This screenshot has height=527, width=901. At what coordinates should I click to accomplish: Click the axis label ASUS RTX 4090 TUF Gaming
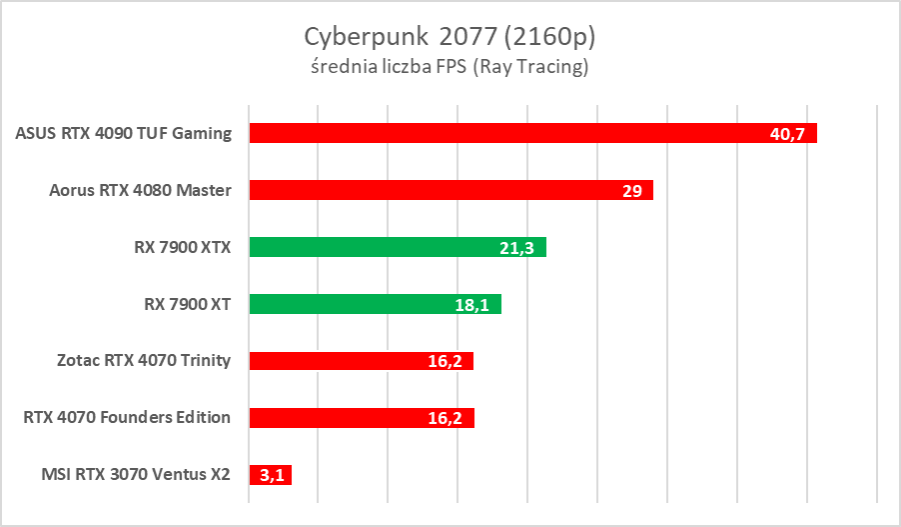(124, 133)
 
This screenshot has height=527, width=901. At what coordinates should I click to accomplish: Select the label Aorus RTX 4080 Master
(140, 190)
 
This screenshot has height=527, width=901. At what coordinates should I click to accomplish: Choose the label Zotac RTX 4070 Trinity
(144, 361)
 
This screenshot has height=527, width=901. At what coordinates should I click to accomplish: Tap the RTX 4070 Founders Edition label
(127, 418)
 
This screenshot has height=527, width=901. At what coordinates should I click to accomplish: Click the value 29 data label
(631, 191)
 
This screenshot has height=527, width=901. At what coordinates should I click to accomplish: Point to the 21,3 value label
(516, 248)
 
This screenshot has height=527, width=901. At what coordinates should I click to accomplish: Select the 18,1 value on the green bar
(471, 305)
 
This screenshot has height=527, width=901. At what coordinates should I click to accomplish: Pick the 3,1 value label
(272, 476)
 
